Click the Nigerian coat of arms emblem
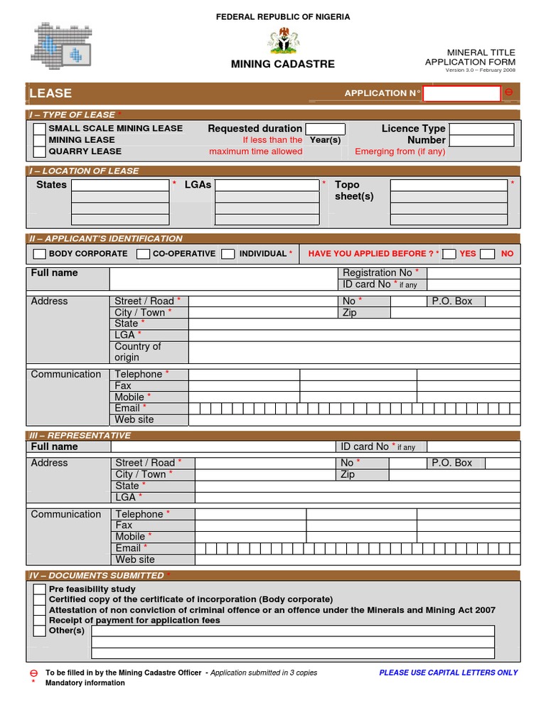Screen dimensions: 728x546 pyautogui.click(x=284, y=41)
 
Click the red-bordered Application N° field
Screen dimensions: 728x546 pyautogui.click(x=461, y=93)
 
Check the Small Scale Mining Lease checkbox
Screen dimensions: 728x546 pyautogui.click(x=40, y=129)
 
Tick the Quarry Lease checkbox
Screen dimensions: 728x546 pyautogui.click(x=40, y=151)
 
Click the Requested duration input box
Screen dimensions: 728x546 pyautogui.click(x=325, y=129)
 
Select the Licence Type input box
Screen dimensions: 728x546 pyautogui.click(x=481, y=129)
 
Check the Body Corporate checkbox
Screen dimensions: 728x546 pyautogui.click(x=40, y=254)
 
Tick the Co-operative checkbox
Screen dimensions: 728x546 pyautogui.click(x=143, y=254)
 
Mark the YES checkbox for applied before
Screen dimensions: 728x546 pyautogui.click(x=449, y=254)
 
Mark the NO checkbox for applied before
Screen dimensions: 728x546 pyautogui.click(x=487, y=254)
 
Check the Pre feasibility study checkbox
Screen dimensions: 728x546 pyautogui.click(x=40, y=589)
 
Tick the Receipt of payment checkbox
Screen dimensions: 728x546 pyautogui.click(x=40, y=621)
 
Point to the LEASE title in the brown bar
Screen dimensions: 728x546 pyautogui.click(x=50, y=93)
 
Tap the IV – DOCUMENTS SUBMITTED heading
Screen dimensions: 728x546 pyautogui.click(x=97, y=575)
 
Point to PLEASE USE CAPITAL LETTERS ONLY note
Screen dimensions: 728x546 pyautogui.click(x=449, y=673)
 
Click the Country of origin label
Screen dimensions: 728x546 pyautogui.click(x=138, y=352)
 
